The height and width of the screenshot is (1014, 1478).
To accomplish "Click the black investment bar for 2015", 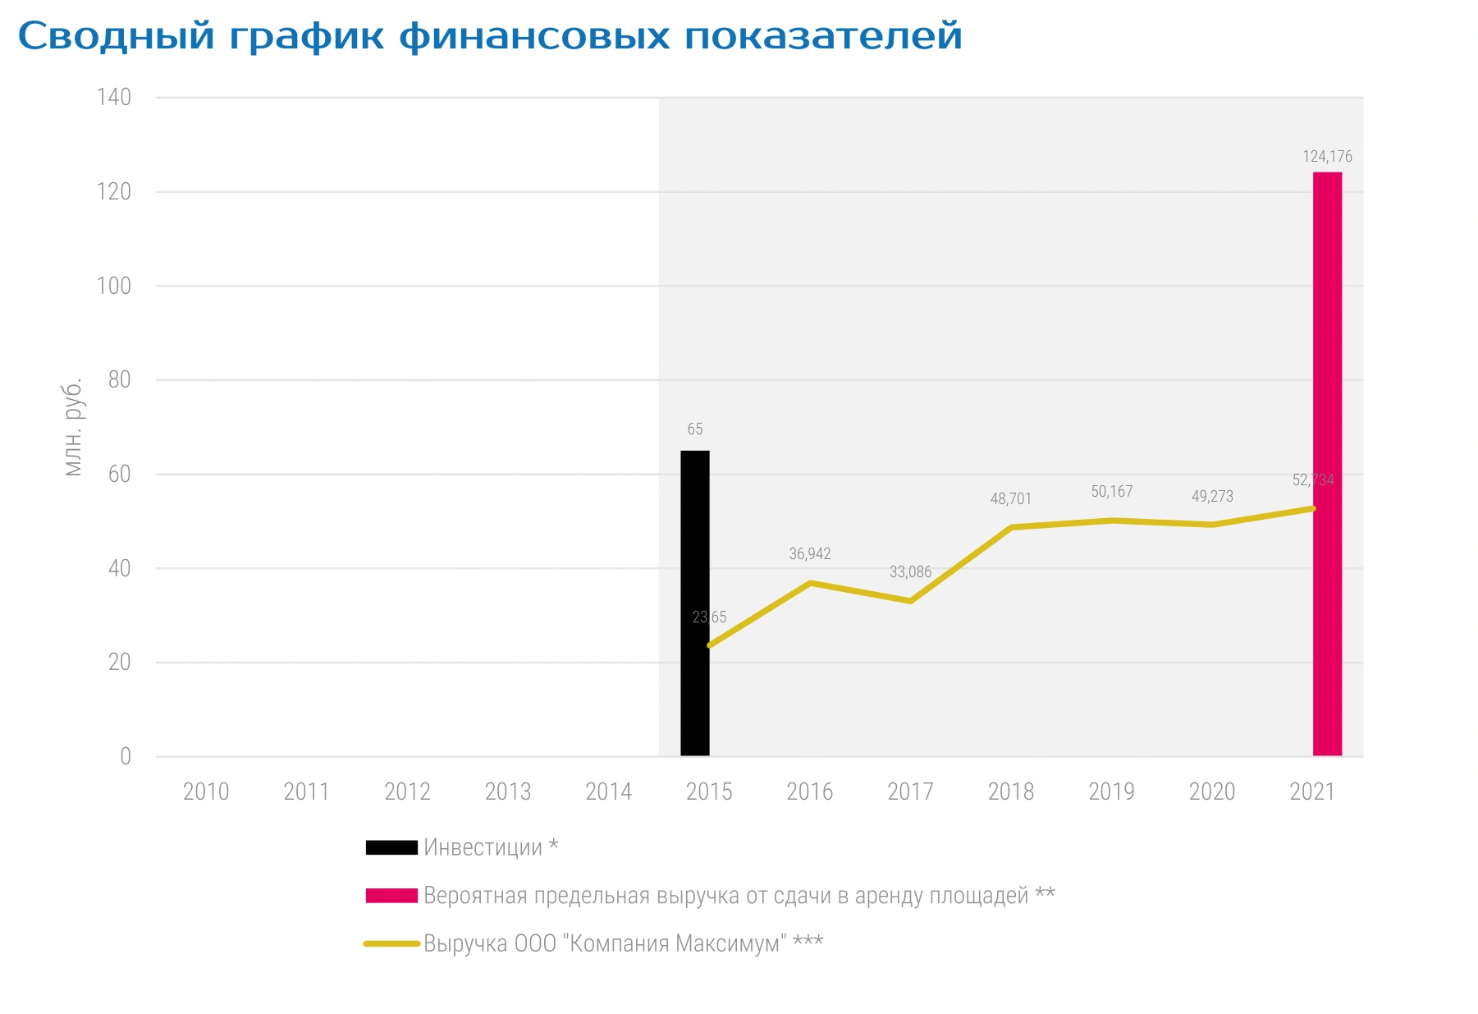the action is pyautogui.click(x=694, y=603).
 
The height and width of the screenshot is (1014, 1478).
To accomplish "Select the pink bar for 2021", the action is pyautogui.click(x=1327, y=464).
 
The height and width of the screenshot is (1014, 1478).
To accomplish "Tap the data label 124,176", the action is pyautogui.click(x=1327, y=156).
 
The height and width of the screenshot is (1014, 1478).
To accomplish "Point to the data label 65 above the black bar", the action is pyautogui.click(x=695, y=429).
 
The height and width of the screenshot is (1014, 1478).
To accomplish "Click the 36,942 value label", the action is pyautogui.click(x=810, y=553).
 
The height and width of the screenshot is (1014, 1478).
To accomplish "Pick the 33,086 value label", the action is pyautogui.click(x=910, y=571).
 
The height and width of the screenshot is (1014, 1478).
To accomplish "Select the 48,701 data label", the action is pyautogui.click(x=1011, y=498).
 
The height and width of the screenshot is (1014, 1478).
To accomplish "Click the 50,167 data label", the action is pyautogui.click(x=1112, y=491).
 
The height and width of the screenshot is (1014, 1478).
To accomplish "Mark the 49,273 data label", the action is pyautogui.click(x=1212, y=496).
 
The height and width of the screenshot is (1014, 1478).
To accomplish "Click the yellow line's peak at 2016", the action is pyautogui.click(x=810, y=583).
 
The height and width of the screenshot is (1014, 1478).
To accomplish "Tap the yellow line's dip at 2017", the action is pyautogui.click(x=911, y=601).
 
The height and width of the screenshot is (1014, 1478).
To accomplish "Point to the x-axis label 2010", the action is pyautogui.click(x=206, y=791).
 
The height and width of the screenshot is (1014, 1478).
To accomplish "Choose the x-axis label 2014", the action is pyautogui.click(x=608, y=791).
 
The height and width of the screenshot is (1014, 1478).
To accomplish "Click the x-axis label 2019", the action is pyautogui.click(x=1111, y=791).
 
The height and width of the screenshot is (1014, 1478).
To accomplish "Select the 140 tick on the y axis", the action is pyautogui.click(x=114, y=97).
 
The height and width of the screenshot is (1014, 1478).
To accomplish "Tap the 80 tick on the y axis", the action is pyautogui.click(x=120, y=379).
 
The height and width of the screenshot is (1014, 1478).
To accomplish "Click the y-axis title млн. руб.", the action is pyautogui.click(x=73, y=427).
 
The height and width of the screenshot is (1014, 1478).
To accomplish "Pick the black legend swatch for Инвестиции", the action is pyautogui.click(x=391, y=847).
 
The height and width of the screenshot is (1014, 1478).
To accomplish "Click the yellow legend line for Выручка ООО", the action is pyautogui.click(x=392, y=944).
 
